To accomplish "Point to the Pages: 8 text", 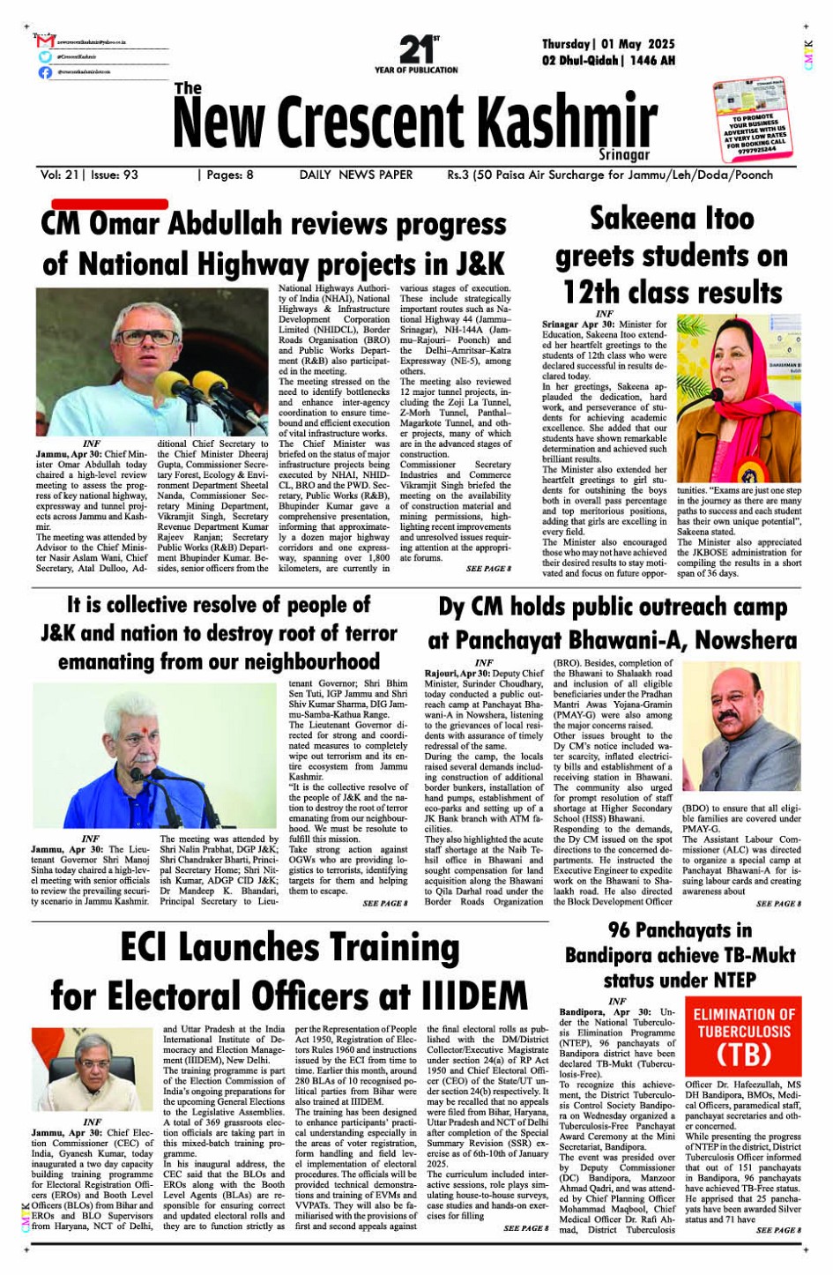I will click(228, 175).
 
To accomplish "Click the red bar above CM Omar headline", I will click(108, 204).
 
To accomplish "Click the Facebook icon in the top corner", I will click(45, 72).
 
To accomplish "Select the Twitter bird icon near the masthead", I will click(45, 56).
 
